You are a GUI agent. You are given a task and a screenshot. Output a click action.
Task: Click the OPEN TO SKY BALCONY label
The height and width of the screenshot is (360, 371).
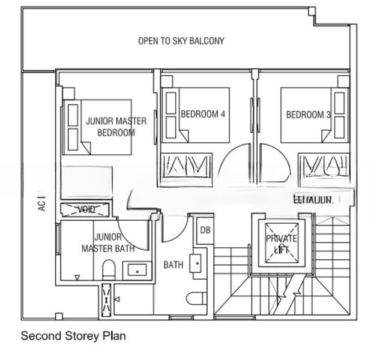tap(181, 41)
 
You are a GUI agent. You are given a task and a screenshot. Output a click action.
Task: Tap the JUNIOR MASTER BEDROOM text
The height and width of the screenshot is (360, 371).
tap(115, 127)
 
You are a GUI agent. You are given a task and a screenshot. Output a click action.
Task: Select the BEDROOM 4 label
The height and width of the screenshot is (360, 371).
tap(202, 114)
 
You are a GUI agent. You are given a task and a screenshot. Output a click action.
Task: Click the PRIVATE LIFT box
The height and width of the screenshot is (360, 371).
tap(282, 243)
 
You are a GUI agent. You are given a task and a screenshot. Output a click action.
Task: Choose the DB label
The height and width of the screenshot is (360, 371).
tap(205, 230)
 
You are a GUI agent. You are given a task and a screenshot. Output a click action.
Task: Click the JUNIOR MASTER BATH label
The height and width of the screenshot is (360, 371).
tap(108, 243)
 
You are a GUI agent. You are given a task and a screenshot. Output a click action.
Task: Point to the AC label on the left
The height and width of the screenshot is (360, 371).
tap(41, 205)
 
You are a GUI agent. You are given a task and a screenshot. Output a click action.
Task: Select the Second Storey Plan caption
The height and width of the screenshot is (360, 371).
tap(73, 336)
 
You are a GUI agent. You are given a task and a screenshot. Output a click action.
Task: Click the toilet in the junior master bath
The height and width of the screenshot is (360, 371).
tap(108, 269)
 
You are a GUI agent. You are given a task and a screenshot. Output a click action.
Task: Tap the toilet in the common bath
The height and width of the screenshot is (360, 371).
tap(196, 298)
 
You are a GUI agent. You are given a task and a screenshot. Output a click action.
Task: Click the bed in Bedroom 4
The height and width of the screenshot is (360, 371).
tap(195, 115)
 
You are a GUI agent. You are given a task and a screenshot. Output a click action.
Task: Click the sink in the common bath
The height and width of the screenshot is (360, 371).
tap(196, 262)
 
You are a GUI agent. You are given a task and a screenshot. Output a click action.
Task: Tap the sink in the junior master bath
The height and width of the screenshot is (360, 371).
tap(137, 271)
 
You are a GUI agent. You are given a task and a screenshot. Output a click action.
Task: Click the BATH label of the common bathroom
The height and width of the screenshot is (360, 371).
tap(173, 265)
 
